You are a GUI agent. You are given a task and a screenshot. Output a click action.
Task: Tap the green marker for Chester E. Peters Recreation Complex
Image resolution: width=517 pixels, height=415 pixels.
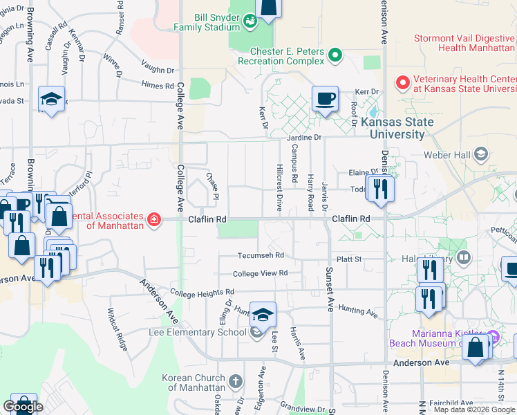pyautogui.click(x=336, y=55)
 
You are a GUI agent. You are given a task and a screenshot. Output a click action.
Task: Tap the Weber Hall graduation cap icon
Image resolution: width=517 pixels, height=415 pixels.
pyautogui.click(x=482, y=153)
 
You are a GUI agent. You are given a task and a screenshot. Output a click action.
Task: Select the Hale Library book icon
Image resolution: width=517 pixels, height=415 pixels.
pyautogui.click(x=463, y=258)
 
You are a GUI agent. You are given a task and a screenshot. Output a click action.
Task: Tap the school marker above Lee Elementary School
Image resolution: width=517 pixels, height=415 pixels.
pyautogui.click(x=263, y=315)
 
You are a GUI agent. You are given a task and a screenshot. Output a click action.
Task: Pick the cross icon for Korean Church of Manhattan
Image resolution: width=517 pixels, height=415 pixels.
pyautogui.click(x=236, y=381)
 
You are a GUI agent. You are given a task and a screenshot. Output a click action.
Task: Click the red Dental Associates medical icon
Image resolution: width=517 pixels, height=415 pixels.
pyautogui.click(x=153, y=220)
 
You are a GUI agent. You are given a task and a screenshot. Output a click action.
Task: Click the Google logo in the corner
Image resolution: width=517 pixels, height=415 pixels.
pyautogui.click(x=23, y=407)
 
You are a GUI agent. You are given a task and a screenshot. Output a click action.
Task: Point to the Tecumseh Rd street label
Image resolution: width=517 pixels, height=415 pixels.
pyautogui.click(x=261, y=256)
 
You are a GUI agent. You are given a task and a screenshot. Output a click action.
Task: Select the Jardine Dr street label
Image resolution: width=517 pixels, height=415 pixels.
pyautogui.click(x=305, y=138)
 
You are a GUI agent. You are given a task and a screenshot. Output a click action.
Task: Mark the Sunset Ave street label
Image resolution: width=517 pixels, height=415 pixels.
pyautogui.click(x=330, y=289)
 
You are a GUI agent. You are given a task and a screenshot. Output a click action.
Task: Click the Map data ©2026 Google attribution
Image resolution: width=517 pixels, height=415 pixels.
pyautogui.click(x=474, y=409)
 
